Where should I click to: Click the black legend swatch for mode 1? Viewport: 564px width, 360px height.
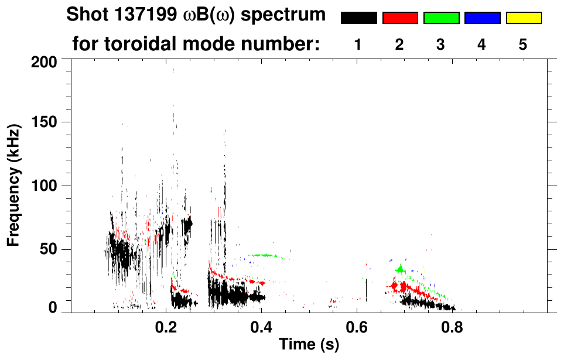click(358, 18)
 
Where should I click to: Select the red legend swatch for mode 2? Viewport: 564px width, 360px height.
click(400, 18)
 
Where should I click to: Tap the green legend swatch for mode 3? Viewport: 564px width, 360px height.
click(441, 18)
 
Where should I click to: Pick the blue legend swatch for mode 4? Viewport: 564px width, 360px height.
click(482, 18)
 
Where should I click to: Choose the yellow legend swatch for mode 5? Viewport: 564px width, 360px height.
click(524, 18)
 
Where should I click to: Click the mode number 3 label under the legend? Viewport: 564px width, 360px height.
click(440, 44)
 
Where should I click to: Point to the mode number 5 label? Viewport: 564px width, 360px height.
click(523, 44)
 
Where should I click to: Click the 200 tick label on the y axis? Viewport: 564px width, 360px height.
click(45, 61)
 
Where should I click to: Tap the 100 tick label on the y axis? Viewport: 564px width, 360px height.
click(45, 186)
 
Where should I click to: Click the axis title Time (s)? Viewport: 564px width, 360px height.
click(309, 345)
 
